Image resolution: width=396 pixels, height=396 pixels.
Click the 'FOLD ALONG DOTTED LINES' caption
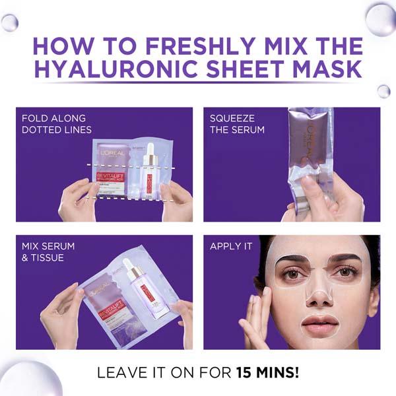tap(56, 124)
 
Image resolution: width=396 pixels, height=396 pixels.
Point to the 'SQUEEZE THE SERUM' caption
tap(237, 124)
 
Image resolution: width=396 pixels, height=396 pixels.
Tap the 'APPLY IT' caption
tap(231, 247)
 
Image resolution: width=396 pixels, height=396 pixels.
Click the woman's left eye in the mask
tap(344, 271)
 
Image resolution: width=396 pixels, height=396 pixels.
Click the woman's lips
tap(319, 323)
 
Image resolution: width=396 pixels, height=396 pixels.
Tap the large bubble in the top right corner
tap(381, 18)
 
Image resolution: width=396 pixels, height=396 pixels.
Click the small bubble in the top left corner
tap(9, 22)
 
